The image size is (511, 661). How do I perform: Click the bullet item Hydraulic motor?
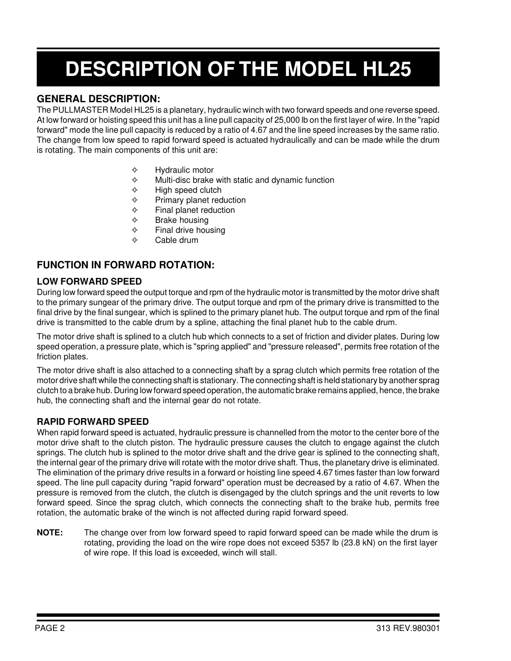click(x=184, y=170)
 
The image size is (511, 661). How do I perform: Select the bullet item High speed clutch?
click(x=188, y=190)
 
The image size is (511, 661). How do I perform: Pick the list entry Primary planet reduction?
click(x=200, y=200)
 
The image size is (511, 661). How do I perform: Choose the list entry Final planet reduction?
click(x=195, y=210)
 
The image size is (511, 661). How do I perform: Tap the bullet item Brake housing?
click(x=182, y=220)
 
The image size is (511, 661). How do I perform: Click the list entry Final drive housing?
click(x=190, y=230)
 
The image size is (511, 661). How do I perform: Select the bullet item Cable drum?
click(x=177, y=240)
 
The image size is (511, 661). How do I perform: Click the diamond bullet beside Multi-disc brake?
click(x=134, y=180)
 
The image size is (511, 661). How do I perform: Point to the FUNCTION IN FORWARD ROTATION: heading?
click(x=126, y=265)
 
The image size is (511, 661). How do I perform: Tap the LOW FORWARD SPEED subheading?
click(x=89, y=282)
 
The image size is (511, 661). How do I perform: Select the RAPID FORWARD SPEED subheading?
click(x=93, y=422)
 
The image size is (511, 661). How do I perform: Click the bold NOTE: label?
click(x=50, y=533)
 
